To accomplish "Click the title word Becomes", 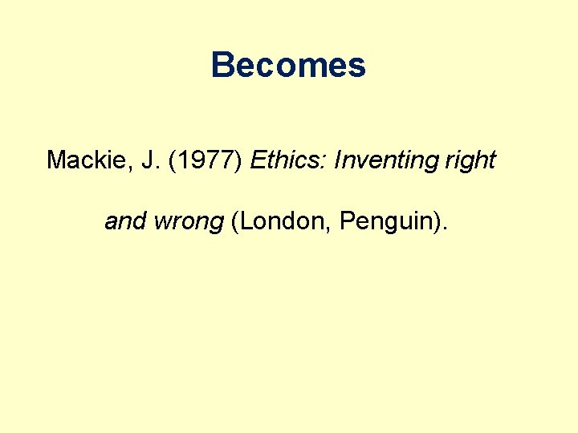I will click(x=288, y=65).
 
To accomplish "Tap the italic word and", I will click(x=124, y=221).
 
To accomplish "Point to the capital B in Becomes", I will click(x=222, y=65).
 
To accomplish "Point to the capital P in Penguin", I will click(x=347, y=221).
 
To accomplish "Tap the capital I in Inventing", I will click(x=337, y=160).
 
